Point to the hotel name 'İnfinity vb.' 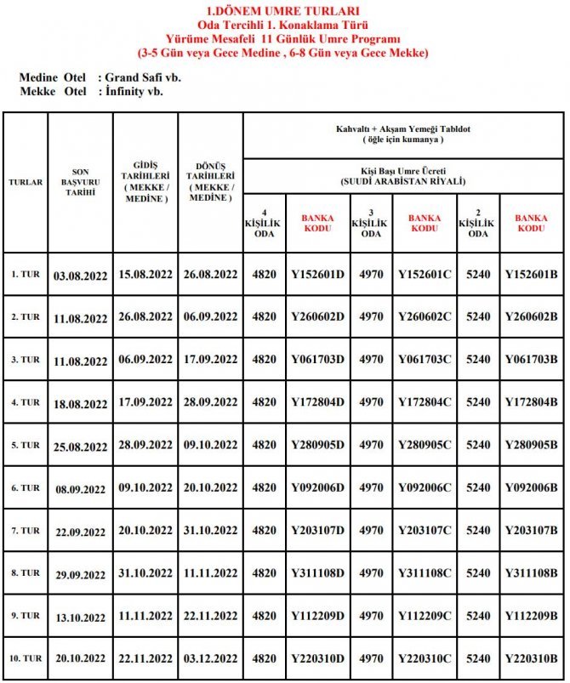point(134,91)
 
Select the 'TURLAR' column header point(26,182)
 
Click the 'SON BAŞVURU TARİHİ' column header point(80,182)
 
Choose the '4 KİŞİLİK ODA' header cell point(264,223)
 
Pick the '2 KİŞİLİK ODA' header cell point(477,223)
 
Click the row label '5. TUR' point(26,445)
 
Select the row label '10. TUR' point(26,658)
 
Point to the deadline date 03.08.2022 point(80,275)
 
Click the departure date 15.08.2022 point(145,274)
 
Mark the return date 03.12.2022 point(210,658)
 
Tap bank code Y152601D point(318,274)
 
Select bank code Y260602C point(425,316)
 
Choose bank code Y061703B point(531,359)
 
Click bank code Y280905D point(318,445)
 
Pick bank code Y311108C point(425,572)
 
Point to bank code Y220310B point(531,658)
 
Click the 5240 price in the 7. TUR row point(477,530)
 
